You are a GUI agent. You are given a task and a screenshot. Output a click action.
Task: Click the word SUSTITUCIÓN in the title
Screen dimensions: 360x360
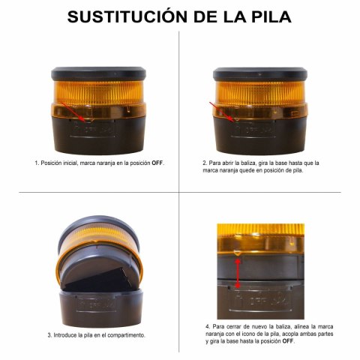127,16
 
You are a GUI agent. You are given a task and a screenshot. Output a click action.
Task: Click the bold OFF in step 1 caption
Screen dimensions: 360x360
157,163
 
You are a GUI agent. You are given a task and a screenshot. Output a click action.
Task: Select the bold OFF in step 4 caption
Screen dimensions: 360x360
288,341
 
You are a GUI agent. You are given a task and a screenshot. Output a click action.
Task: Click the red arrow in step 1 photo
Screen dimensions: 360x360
74,112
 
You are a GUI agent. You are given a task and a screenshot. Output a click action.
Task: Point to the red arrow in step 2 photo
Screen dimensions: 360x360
222,112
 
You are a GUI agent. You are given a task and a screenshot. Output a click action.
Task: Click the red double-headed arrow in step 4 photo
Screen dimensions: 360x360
238,273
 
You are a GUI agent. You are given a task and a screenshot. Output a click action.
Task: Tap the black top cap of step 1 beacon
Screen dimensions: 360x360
98,73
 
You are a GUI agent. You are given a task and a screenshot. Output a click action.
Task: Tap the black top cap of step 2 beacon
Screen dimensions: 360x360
260,73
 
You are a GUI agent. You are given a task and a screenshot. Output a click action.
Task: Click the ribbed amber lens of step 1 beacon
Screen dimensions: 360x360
98,92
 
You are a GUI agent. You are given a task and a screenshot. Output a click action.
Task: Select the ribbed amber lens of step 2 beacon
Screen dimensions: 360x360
260,92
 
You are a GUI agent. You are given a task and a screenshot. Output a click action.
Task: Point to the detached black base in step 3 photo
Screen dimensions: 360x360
101,307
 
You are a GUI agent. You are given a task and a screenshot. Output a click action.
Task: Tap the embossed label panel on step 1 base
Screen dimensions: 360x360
93,129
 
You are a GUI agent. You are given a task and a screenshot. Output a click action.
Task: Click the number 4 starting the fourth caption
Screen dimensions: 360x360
208,326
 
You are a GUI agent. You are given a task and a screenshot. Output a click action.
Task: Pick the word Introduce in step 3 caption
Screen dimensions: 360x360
65,335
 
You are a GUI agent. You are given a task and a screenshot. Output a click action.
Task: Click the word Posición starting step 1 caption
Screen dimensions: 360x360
52,163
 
